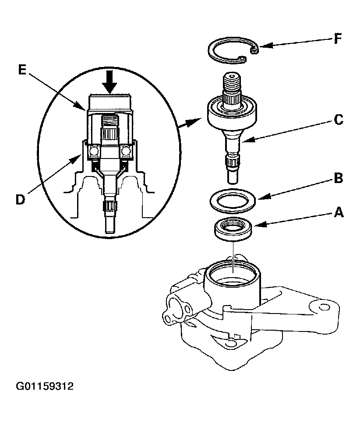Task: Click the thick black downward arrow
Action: click(109, 82)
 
